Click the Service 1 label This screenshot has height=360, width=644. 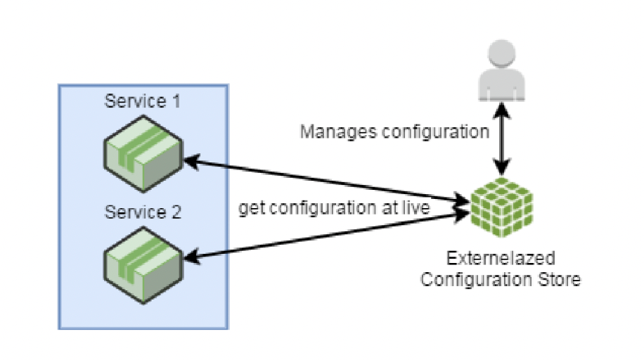tap(143, 101)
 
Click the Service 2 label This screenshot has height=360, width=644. tap(143, 212)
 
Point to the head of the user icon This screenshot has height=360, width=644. tap(500, 57)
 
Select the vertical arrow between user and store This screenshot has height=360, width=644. tap(500, 138)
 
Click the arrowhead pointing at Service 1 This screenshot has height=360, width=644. tap(191, 161)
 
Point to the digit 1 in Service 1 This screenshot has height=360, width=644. tap(176, 101)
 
